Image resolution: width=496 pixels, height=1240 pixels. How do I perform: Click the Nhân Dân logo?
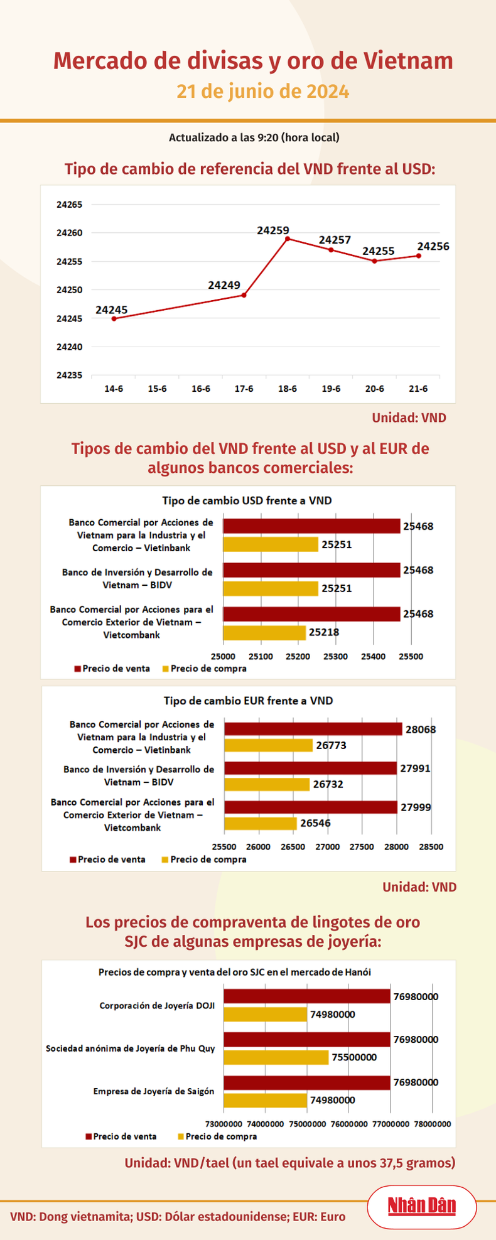pos(421,1206)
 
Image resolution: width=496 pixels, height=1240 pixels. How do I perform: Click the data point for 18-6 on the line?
pos(288,239)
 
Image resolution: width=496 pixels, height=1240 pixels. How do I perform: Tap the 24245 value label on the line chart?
pos(112,310)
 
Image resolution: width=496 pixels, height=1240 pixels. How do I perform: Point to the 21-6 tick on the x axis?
pos(418,389)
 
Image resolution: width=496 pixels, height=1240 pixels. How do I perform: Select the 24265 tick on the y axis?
pos(69,205)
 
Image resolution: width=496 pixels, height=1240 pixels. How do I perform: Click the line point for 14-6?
pos(114,318)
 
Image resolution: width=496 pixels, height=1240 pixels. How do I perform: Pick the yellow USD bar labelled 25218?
pos(264,632)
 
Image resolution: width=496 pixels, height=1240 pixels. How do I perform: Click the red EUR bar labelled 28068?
pos(313,729)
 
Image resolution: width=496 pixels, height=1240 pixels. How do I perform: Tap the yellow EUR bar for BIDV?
pos(267,784)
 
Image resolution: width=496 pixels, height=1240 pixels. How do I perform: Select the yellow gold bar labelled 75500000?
pos(276,1057)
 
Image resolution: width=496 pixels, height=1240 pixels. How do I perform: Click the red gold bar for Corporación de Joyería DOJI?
pos(306,996)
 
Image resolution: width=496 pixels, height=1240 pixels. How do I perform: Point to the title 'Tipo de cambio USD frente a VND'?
pos(247,500)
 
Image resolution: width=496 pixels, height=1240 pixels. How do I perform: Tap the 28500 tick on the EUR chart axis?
pos(430,846)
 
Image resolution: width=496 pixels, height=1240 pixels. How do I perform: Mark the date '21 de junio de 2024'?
pos(262,92)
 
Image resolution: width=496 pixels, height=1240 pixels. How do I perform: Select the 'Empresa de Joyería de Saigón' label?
pos(154,1091)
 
